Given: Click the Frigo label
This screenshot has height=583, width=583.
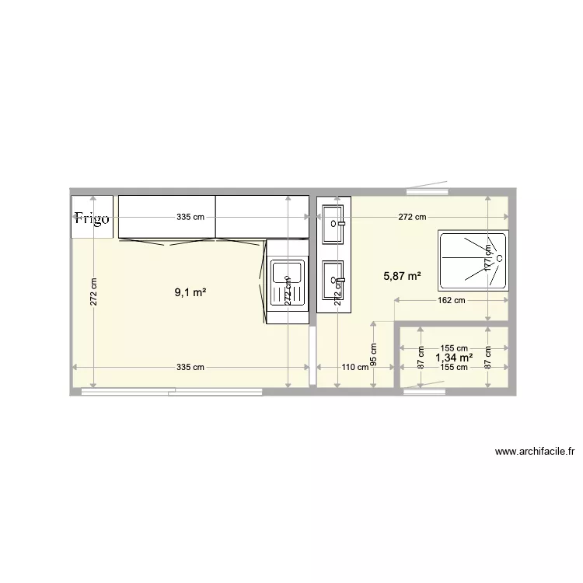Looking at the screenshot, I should (92, 218).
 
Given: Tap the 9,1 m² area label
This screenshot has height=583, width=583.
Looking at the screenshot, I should (190, 293).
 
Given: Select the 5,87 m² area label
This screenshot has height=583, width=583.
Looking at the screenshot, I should (403, 275).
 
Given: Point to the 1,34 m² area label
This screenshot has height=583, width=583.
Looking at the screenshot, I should (455, 358).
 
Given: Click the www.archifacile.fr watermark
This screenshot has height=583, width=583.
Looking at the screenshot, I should (533, 450).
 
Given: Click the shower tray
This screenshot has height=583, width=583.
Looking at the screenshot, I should (473, 257).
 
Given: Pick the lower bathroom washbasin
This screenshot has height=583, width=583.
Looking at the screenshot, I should (333, 283).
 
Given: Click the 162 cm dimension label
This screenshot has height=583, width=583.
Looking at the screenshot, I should (450, 300).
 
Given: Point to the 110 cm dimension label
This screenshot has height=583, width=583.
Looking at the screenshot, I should (355, 368).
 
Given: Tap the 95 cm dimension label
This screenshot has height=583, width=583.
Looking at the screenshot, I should (374, 354).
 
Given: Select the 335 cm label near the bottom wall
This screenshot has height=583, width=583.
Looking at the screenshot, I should (190, 368).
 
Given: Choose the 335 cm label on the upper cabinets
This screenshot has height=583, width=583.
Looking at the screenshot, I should (190, 218).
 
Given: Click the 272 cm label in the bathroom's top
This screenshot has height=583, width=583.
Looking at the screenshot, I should (412, 218).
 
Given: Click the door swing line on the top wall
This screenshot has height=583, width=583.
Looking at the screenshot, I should (428, 186).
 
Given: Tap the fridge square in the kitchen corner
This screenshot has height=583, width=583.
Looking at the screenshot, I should (93, 215).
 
